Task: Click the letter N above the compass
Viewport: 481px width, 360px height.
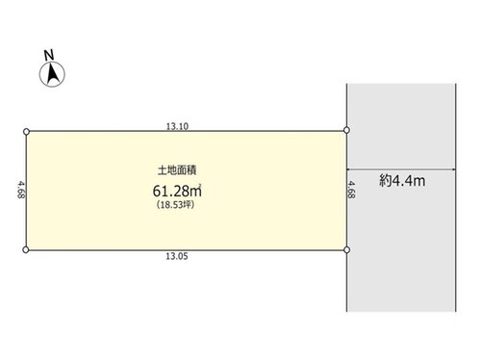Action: [x=49, y=55]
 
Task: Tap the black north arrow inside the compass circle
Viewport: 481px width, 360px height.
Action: [x=52, y=73]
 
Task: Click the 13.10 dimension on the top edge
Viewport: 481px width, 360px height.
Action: [x=177, y=126]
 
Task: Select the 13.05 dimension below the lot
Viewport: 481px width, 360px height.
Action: [x=177, y=256]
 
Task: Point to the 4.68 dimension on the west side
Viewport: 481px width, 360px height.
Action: [x=21, y=190]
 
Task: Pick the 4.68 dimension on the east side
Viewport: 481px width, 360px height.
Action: [x=352, y=190]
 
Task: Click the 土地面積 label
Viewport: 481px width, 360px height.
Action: [x=177, y=170]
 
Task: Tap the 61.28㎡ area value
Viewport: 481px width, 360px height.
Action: [x=177, y=191]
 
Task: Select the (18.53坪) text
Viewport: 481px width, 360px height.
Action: [x=175, y=205]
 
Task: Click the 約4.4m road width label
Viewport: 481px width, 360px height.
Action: [x=402, y=181]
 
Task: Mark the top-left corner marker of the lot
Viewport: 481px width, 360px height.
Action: [x=26, y=132]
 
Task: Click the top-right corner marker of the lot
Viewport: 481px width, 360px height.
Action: [x=346, y=130]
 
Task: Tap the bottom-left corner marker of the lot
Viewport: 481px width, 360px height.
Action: [x=26, y=249]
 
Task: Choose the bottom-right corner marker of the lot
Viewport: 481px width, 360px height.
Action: [x=346, y=249]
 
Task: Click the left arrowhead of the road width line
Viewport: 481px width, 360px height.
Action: [x=349, y=169]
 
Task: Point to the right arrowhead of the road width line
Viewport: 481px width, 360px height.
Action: [x=453, y=169]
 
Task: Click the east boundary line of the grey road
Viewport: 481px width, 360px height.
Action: [x=456, y=197]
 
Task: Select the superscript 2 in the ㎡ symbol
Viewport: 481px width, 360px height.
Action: [x=200, y=185]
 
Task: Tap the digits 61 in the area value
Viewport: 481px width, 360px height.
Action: [x=160, y=192]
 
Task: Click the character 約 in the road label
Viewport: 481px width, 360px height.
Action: [x=386, y=181]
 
